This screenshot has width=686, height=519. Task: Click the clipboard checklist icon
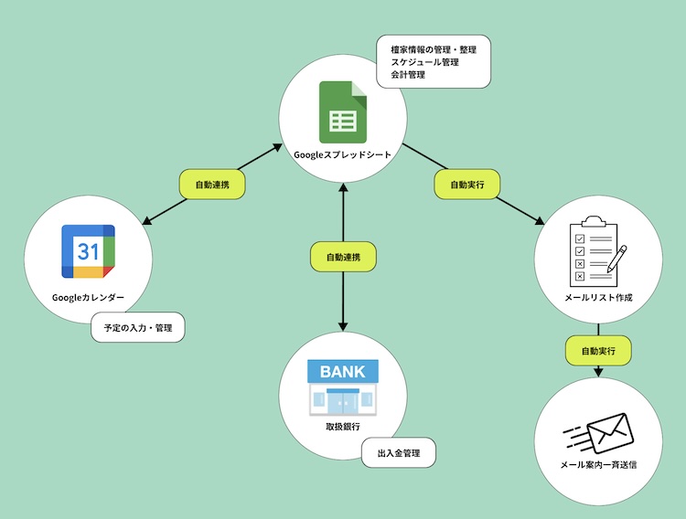595,249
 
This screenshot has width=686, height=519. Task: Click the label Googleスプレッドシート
342,154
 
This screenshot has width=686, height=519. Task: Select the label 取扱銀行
342,428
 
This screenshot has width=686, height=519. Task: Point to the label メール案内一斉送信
598,464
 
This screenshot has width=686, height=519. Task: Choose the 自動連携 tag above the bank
343,257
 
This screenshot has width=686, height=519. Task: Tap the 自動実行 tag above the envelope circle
598,350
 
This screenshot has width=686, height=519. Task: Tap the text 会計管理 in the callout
408,75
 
